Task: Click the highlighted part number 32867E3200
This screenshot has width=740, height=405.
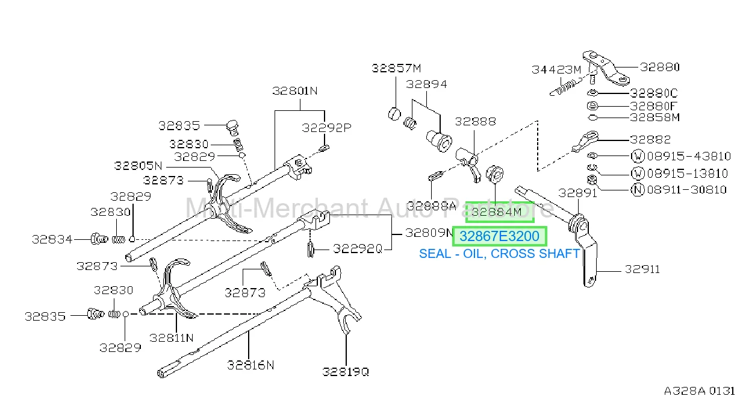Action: point(499,236)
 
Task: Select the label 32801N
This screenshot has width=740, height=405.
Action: point(294,91)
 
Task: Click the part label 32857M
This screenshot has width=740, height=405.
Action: point(396,69)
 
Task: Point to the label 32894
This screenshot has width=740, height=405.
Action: point(426,84)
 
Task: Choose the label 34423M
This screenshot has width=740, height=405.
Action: point(556,70)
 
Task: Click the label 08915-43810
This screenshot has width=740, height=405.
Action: point(689,156)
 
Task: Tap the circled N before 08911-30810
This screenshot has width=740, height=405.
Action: point(638,190)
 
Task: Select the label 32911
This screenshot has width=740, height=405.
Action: point(642,269)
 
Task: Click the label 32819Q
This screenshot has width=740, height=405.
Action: point(346,372)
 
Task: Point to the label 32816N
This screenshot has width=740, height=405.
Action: point(250,365)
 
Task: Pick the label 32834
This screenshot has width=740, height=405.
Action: point(52,239)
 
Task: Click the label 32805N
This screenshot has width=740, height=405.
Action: point(138,166)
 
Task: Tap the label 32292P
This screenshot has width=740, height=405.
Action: point(326,128)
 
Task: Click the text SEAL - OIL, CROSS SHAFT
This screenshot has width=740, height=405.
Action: point(499,254)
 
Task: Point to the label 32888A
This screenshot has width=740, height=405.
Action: point(432,206)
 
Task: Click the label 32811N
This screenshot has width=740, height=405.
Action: point(172,338)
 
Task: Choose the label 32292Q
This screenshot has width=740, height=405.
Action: point(358,249)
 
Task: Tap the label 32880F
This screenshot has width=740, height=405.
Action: point(653,107)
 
